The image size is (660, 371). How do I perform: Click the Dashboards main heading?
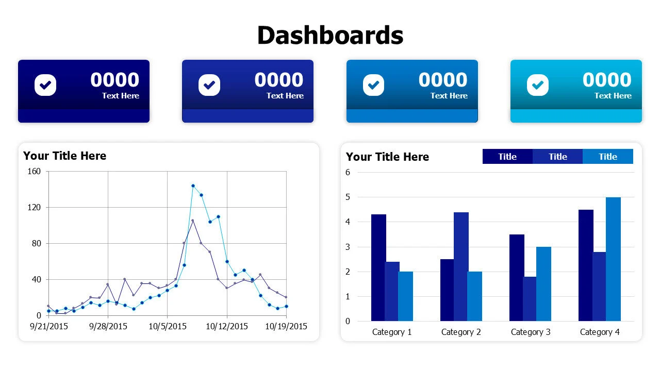point(330,36)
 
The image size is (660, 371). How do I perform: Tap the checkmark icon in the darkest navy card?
point(45,85)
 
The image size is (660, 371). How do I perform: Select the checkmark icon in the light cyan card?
point(538,85)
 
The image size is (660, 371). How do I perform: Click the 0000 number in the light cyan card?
point(607,80)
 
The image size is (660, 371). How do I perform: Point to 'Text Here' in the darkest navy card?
point(121,96)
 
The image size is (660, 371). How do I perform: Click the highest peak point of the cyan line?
point(193,185)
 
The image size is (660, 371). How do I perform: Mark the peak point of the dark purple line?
point(192,221)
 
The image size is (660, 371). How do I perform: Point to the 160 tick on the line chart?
point(34,172)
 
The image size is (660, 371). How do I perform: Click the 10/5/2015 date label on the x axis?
point(168,326)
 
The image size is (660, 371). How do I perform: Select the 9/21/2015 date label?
point(49,326)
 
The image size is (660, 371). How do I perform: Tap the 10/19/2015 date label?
point(286,326)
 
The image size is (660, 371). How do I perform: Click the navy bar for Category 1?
point(378,267)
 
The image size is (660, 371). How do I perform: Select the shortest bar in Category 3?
point(530,299)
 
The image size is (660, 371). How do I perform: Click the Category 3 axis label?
point(531,332)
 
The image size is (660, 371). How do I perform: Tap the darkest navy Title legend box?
point(507,157)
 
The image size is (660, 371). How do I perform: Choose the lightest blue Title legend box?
point(608,157)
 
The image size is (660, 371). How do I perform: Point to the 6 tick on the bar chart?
point(348,173)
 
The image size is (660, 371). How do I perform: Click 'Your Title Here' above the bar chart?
point(387,157)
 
